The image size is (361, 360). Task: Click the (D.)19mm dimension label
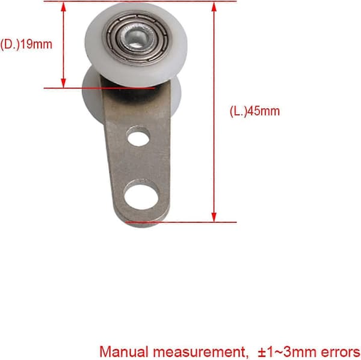point(26,44)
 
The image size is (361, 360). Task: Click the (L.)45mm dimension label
point(255,111)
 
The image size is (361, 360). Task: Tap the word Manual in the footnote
point(124,352)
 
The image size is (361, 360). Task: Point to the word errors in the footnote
point(341,352)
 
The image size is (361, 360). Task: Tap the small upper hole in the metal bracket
point(138,139)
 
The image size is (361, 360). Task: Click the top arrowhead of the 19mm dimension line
point(63,7)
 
